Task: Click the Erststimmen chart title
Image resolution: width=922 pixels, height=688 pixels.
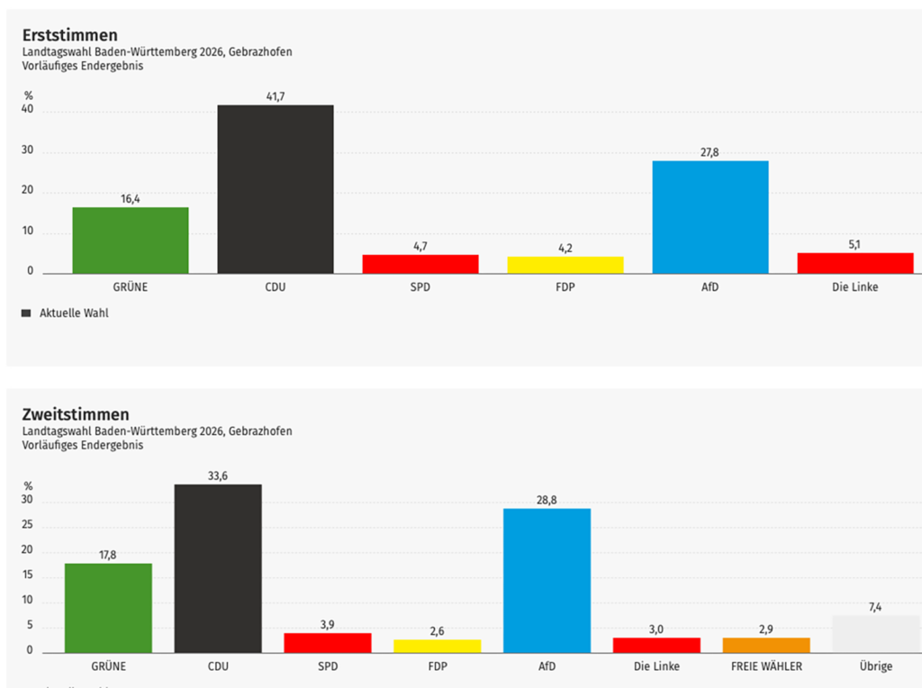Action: coord(70,35)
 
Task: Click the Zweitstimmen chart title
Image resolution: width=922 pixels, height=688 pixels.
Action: coord(76,414)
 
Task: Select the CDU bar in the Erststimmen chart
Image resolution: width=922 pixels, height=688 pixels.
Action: coord(276,189)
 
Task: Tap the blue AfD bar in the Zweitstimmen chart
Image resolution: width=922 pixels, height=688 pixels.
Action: coord(547,580)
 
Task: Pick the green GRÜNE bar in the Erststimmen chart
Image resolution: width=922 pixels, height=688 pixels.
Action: coord(131,240)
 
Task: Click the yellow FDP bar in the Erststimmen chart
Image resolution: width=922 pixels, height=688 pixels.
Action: coord(565,265)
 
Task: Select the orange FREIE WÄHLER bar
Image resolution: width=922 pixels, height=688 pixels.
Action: coord(766,645)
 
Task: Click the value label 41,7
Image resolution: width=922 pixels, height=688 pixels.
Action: coord(276,96)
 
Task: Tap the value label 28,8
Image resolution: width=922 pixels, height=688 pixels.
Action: coord(547,500)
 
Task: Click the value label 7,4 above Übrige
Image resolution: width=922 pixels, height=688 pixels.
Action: coord(875,608)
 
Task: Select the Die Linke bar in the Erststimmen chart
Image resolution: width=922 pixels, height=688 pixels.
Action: coord(855,263)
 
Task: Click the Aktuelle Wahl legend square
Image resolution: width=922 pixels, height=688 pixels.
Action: coord(25,313)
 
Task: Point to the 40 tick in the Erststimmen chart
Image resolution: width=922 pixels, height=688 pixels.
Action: coord(28,110)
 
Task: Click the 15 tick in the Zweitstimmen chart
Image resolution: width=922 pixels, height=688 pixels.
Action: coord(28,575)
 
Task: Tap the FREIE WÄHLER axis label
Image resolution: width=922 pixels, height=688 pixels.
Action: coord(766,666)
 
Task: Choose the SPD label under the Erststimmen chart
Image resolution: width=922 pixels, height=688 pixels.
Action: coord(420,287)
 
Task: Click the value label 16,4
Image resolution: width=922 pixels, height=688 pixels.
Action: coord(131,199)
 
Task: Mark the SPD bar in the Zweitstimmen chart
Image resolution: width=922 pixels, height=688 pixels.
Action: coord(328,642)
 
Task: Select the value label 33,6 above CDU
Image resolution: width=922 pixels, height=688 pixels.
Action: coord(218,475)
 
